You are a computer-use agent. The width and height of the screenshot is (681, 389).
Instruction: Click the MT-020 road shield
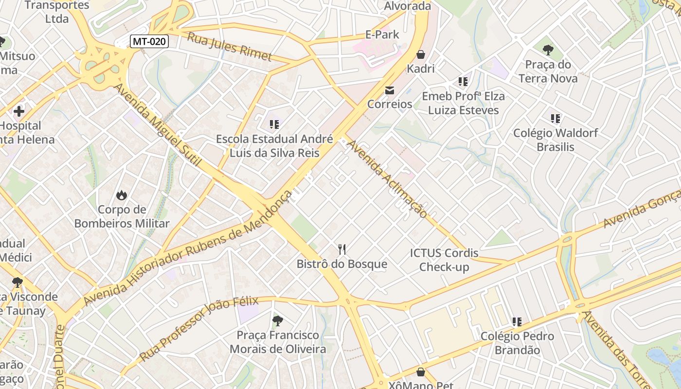pyautogui.click(x=149, y=41)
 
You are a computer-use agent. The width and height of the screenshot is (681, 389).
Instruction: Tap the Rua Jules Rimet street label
pyautogui.click(x=230, y=47)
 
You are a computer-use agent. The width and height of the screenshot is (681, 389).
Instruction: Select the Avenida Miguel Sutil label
pyautogui.click(x=157, y=125)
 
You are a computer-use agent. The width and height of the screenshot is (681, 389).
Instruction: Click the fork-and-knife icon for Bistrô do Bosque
pyautogui.click(x=342, y=249)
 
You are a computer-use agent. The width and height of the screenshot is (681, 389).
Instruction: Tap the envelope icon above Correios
pyautogui.click(x=390, y=90)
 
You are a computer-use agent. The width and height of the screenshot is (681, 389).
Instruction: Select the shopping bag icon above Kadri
pyautogui.click(x=421, y=54)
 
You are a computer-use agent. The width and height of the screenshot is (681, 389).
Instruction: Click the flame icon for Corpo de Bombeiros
pyautogui.click(x=121, y=195)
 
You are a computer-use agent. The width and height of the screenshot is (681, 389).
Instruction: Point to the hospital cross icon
pyautogui.click(x=19, y=111)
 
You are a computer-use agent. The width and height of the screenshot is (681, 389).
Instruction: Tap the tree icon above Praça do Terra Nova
pyautogui.click(x=548, y=50)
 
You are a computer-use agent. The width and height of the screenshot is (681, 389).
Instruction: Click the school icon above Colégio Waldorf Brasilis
pyautogui.click(x=556, y=118)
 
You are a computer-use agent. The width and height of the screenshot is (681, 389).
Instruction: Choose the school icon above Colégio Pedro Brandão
pyautogui.click(x=517, y=322)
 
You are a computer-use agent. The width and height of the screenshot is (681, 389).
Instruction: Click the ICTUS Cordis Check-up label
pyautogui.click(x=444, y=260)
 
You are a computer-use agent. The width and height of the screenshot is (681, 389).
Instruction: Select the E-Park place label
pyautogui.click(x=382, y=35)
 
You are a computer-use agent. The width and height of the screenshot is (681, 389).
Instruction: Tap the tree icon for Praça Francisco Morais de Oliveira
pyautogui.click(x=277, y=320)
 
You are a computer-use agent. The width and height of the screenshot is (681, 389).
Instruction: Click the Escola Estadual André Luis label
pyautogui.click(x=274, y=146)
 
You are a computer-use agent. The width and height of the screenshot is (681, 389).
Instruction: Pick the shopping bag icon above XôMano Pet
pyautogui.click(x=421, y=372)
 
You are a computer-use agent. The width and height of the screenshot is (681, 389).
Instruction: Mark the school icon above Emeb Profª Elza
pyautogui.click(x=463, y=81)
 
